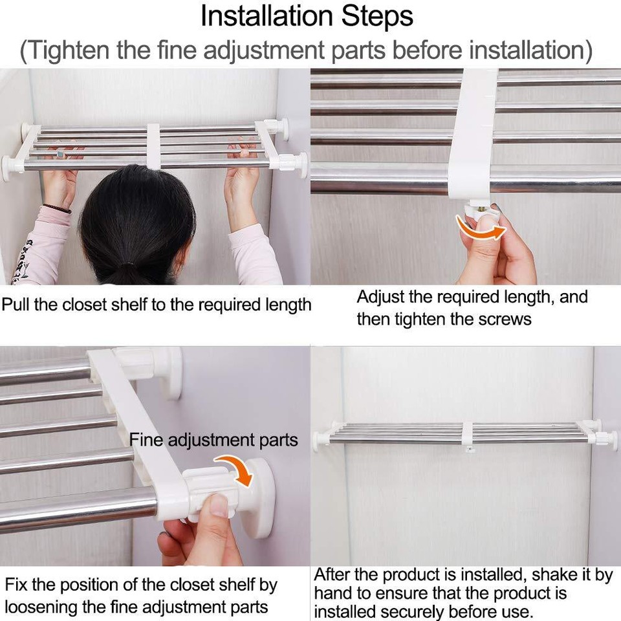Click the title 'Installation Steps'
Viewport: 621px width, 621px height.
[x=307, y=17]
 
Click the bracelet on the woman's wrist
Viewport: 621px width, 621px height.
[x=57, y=209]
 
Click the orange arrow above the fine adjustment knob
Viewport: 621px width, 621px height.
[x=234, y=469]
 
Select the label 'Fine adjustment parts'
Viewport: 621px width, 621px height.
[x=213, y=441]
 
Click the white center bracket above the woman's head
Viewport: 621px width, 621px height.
[x=153, y=146]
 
